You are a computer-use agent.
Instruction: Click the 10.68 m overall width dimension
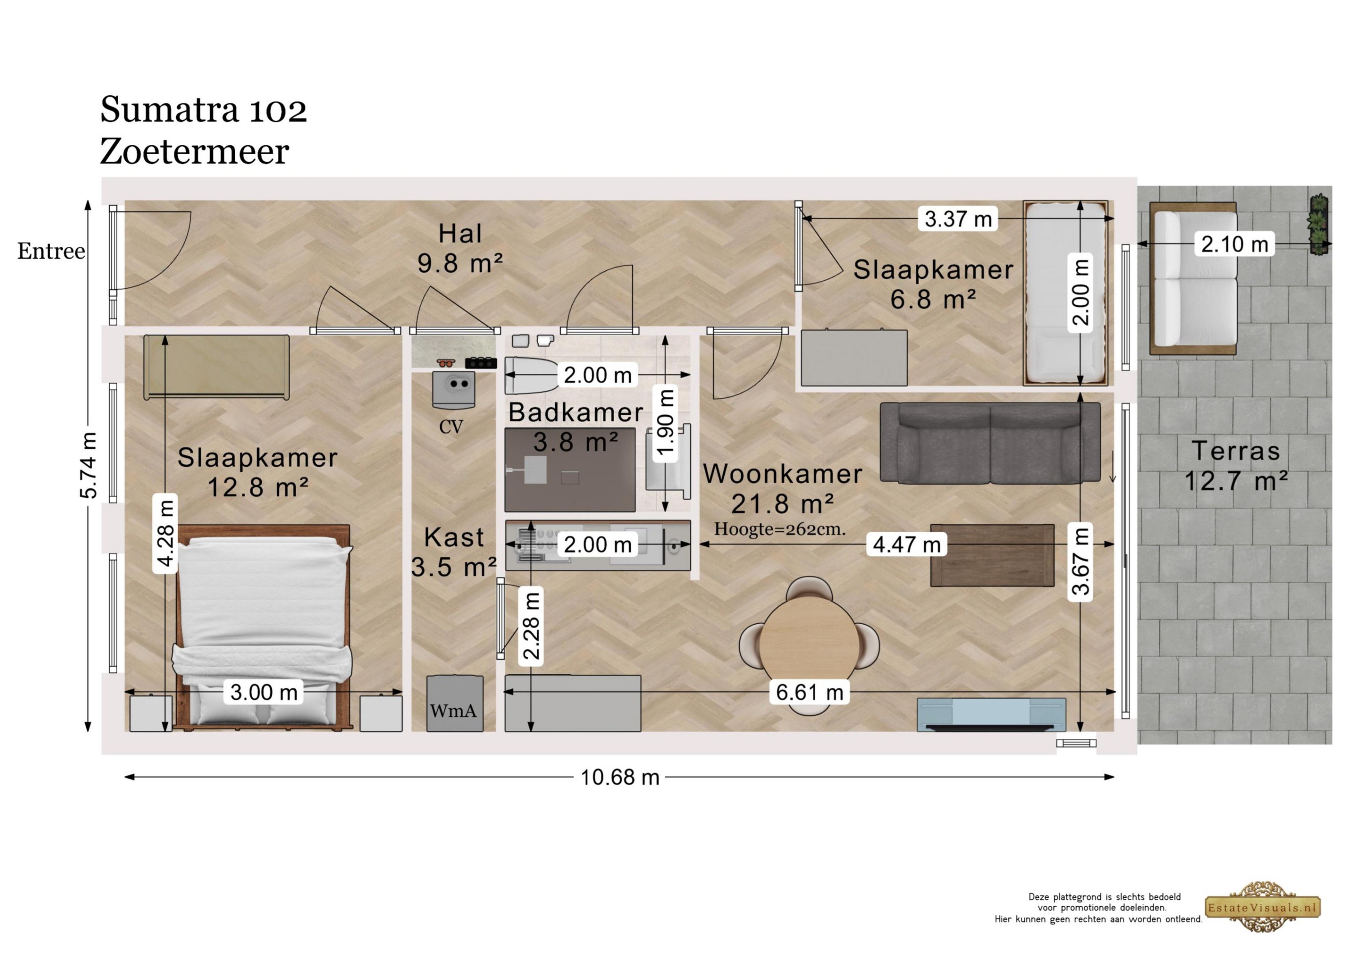[x=620, y=777]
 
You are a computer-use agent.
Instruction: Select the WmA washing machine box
[x=455, y=704]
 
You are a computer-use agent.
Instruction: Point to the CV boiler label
[x=451, y=427]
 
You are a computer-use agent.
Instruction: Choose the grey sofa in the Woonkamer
[x=990, y=443]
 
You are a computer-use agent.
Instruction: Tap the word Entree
[x=51, y=251]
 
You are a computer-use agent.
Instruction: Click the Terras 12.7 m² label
[x=1236, y=466]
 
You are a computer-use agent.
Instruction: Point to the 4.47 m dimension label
[x=907, y=544]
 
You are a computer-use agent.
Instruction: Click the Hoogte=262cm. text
[x=780, y=529]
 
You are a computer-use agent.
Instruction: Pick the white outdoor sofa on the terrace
[x=1193, y=279]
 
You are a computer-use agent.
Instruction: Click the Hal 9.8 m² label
[x=460, y=249]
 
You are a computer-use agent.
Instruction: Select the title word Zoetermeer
[x=195, y=152]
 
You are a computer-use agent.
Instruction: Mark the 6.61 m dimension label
[x=810, y=692]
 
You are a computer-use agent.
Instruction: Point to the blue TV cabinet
[x=991, y=714]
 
